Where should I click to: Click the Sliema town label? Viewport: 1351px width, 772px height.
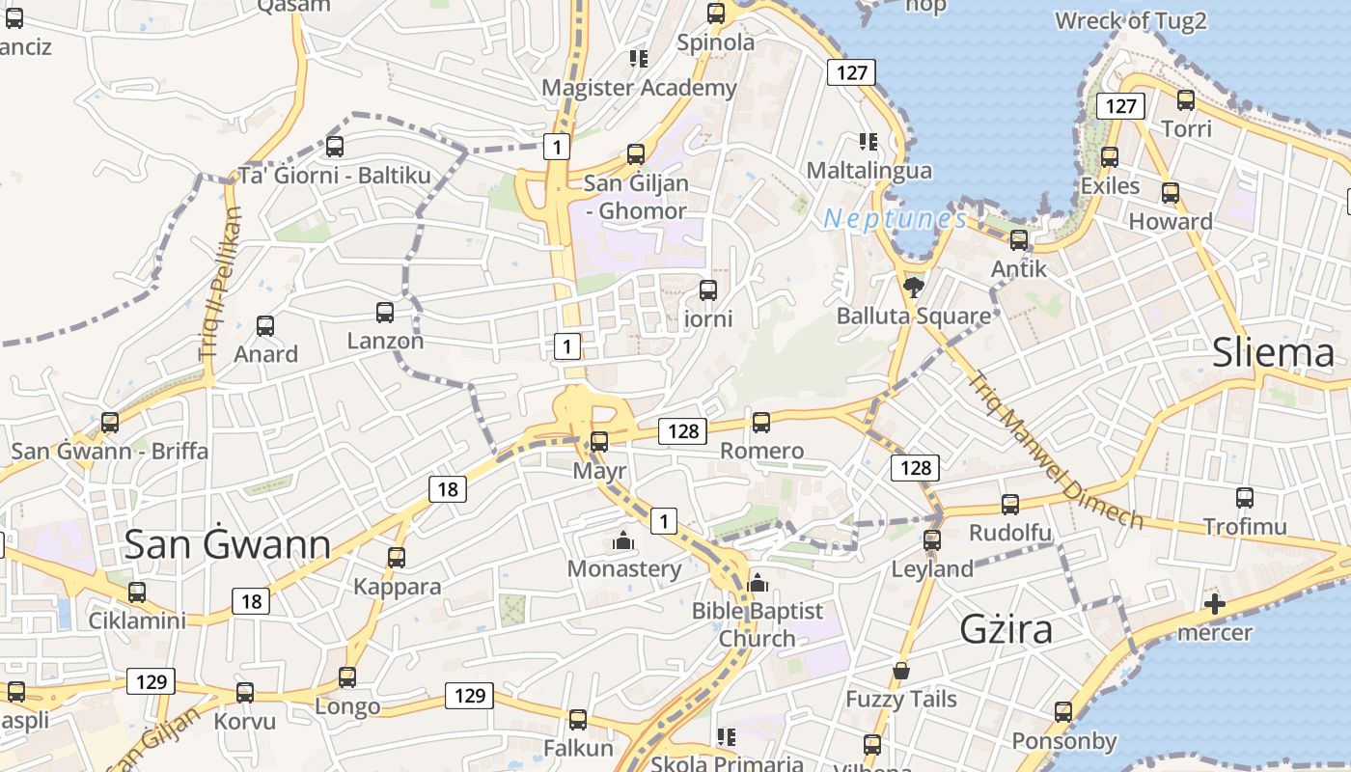(x=1273, y=353)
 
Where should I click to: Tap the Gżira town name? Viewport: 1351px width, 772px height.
(x=1006, y=629)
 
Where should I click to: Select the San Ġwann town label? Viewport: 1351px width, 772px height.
(x=228, y=545)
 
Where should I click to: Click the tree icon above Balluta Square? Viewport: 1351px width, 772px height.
(x=913, y=287)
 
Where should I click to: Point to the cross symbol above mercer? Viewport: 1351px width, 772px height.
(x=1215, y=605)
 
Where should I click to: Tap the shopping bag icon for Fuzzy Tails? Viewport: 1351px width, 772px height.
(x=901, y=671)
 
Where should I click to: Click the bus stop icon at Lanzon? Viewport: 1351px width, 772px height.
(x=385, y=313)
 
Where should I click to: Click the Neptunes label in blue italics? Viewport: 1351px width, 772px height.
(x=895, y=219)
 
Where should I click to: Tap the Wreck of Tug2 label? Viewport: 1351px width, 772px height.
(x=1130, y=20)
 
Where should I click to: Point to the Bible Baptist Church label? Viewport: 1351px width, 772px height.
(x=758, y=624)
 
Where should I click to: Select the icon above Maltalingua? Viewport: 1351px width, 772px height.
(x=868, y=142)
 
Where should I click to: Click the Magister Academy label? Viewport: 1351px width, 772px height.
(x=639, y=88)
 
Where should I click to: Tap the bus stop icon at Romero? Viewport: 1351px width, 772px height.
(x=761, y=423)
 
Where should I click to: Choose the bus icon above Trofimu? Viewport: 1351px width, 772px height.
(x=1245, y=498)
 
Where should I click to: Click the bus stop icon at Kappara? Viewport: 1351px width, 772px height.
(x=397, y=558)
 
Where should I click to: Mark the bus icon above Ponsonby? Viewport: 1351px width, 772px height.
(x=1063, y=712)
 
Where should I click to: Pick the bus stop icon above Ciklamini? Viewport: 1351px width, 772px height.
(x=137, y=593)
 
